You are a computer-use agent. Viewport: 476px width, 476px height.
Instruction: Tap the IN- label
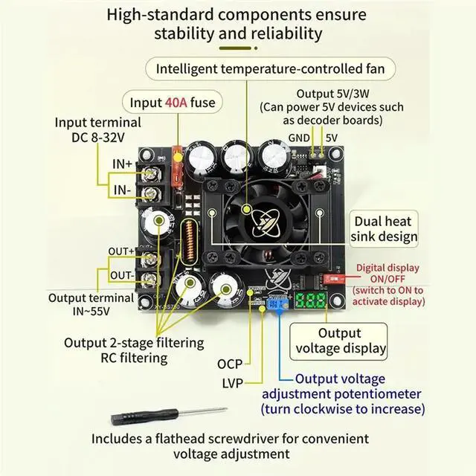coord(122,190)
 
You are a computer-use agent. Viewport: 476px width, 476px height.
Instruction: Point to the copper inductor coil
coord(190,242)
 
